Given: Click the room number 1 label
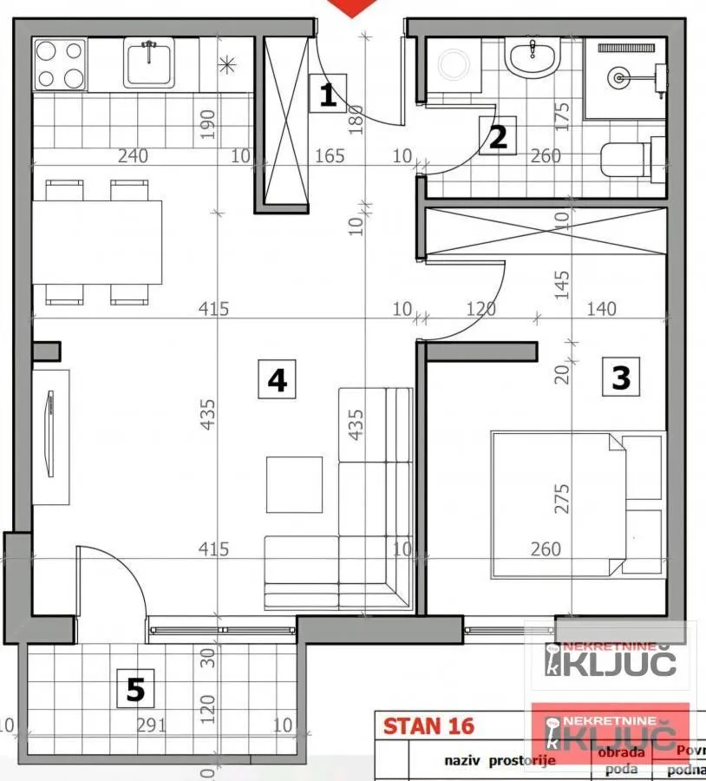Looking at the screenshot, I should click(327, 93).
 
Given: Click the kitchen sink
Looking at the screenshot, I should click(149, 62).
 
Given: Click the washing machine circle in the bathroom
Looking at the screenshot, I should click(453, 63).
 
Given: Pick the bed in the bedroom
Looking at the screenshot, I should click(576, 503).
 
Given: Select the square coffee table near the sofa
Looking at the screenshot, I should click(294, 484).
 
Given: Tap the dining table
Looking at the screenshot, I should click(97, 242).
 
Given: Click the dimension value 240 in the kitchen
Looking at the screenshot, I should click(133, 156).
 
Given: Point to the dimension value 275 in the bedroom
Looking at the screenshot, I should click(564, 498).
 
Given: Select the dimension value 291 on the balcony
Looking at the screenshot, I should click(151, 725).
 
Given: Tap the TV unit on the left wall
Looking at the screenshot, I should click(52, 434).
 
